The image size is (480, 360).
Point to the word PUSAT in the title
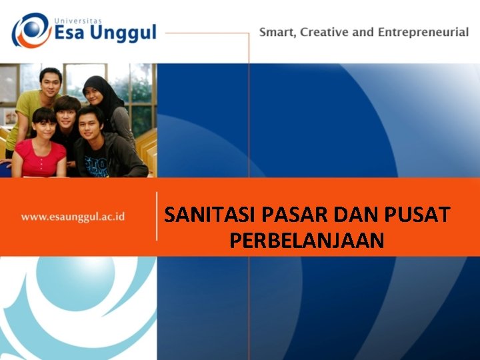[418, 216]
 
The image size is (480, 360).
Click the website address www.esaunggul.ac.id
[73, 217]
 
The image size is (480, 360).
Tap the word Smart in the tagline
[277, 32]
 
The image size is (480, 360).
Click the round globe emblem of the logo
[31, 31]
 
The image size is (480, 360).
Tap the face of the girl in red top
[44, 125]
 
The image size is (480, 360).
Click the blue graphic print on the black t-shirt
[96, 165]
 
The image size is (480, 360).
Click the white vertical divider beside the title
[157, 216]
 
